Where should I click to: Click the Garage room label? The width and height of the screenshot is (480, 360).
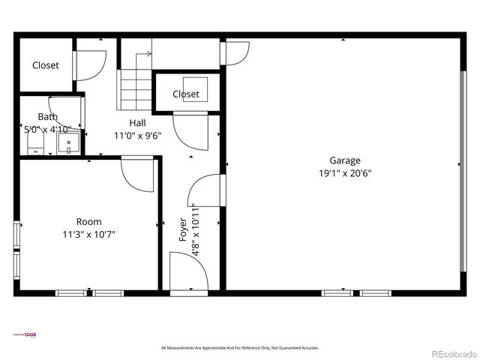[345, 160]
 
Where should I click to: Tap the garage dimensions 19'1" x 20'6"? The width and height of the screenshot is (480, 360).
[345, 172]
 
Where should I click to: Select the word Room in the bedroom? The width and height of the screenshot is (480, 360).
[88, 221]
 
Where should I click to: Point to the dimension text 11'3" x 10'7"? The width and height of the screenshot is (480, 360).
[88, 234]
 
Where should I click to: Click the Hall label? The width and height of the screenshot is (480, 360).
[137, 123]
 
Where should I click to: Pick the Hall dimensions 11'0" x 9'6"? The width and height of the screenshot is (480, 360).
[137, 136]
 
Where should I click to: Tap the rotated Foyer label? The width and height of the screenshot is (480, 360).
[182, 229]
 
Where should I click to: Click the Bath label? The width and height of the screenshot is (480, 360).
[47, 117]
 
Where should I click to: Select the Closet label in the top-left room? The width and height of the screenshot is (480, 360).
[45, 65]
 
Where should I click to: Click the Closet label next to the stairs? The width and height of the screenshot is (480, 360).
[186, 94]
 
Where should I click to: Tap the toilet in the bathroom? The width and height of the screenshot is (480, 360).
[33, 148]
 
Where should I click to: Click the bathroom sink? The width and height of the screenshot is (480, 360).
[68, 142]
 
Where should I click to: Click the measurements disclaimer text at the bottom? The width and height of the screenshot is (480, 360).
[240, 347]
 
